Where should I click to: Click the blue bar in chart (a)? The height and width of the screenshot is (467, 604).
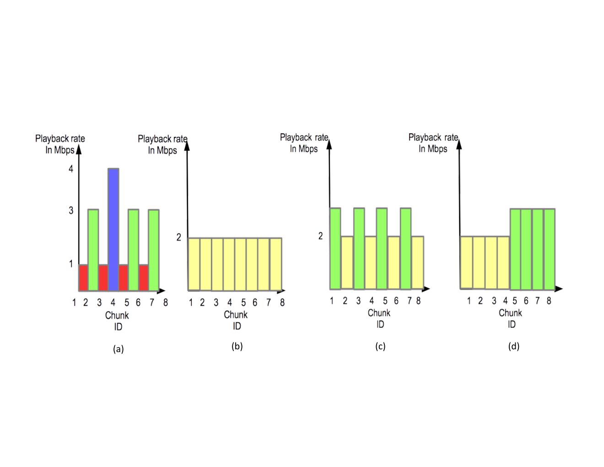113,229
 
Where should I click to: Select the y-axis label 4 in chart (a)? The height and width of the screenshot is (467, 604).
71,169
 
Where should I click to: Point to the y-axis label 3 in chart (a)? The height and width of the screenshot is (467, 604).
71,210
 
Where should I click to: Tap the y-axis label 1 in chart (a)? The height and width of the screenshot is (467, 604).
71,264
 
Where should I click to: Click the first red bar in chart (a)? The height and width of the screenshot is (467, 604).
83,277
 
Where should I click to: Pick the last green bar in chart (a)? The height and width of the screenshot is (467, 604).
154,250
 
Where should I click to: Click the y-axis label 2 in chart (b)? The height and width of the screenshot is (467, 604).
179,237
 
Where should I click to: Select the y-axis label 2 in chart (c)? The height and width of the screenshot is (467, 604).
320,236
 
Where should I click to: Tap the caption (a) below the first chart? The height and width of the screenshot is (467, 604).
118,349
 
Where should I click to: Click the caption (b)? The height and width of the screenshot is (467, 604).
237,346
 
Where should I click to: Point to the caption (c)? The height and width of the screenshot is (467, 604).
380,346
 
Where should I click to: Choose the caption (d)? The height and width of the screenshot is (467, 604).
514,346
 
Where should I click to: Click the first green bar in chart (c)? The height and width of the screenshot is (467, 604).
335,249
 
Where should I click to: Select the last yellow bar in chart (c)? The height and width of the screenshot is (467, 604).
418,262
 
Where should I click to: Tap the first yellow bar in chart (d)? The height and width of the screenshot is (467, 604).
466,262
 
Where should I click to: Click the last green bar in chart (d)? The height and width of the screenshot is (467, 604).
549,249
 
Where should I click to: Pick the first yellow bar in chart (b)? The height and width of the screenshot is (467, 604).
194,264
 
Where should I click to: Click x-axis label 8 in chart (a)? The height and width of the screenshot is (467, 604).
166,302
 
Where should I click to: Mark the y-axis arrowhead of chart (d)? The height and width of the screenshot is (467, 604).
459,144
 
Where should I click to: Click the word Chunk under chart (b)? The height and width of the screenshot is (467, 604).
236,315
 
